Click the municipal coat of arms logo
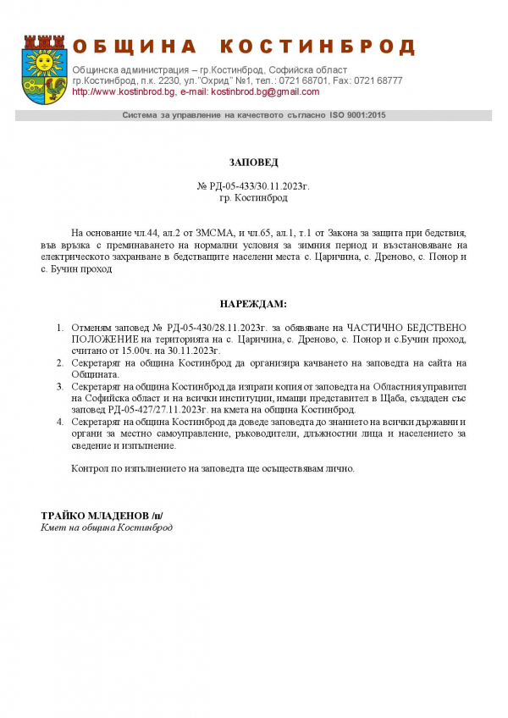(x=43, y=64)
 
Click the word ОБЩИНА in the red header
(x=135, y=47)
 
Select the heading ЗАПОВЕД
(x=253, y=162)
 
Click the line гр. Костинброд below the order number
(x=253, y=197)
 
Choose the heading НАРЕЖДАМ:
(x=253, y=303)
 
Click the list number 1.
(x=59, y=327)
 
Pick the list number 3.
(x=59, y=386)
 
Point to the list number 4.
(x=59, y=422)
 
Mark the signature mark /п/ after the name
(x=157, y=516)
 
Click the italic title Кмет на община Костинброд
(x=107, y=527)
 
